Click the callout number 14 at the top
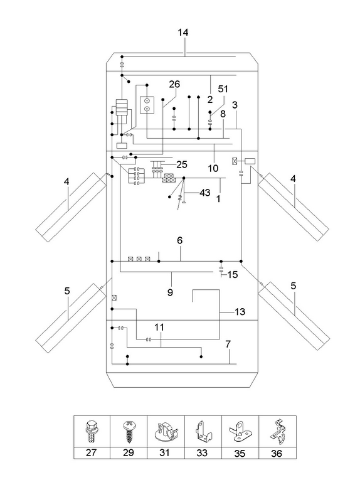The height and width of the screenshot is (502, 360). click(x=183, y=33)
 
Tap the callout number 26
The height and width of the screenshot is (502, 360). click(x=174, y=84)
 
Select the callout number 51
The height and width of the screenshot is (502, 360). click(x=223, y=88)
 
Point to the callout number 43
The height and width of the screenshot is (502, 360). click(x=205, y=193)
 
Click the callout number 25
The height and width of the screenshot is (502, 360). click(x=182, y=164)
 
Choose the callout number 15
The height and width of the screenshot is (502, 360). click(x=233, y=275)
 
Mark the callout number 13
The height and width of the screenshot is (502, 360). click(x=240, y=311)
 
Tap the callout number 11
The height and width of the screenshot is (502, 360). click(x=159, y=327)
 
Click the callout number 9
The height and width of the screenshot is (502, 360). click(x=170, y=292)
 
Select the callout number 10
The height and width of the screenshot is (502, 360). click(x=213, y=168)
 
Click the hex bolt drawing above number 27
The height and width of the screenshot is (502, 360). click(x=92, y=432)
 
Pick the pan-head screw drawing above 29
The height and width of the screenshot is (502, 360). click(x=129, y=432)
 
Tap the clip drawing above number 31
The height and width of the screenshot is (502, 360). click(x=166, y=432)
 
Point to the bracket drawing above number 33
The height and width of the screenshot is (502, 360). click(x=203, y=432)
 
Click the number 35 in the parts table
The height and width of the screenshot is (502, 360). click(x=240, y=453)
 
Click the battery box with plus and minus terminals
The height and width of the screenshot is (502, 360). click(x=147, y=105)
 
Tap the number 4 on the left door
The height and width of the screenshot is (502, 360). click(x=66, y=182)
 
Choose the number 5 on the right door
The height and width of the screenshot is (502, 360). click(x=294, y=286)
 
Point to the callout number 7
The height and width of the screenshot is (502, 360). click(x=228, y=344)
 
